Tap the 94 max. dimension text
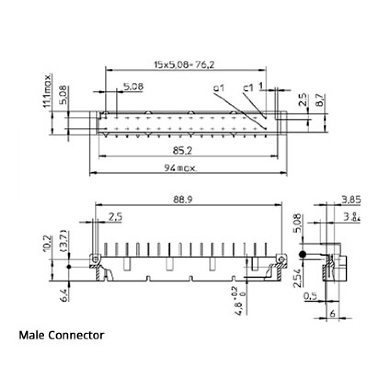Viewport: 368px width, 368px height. tap(180, 168)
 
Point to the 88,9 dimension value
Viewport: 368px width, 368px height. tap(183, 200)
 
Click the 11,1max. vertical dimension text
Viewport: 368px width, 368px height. tap(47, 90)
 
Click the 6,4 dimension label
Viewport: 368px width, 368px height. tap(64, 295)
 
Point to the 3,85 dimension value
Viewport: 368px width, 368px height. tap(351, 200)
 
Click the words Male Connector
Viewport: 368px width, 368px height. tap(62, 335)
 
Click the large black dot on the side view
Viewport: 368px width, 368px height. tap(303, 254)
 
